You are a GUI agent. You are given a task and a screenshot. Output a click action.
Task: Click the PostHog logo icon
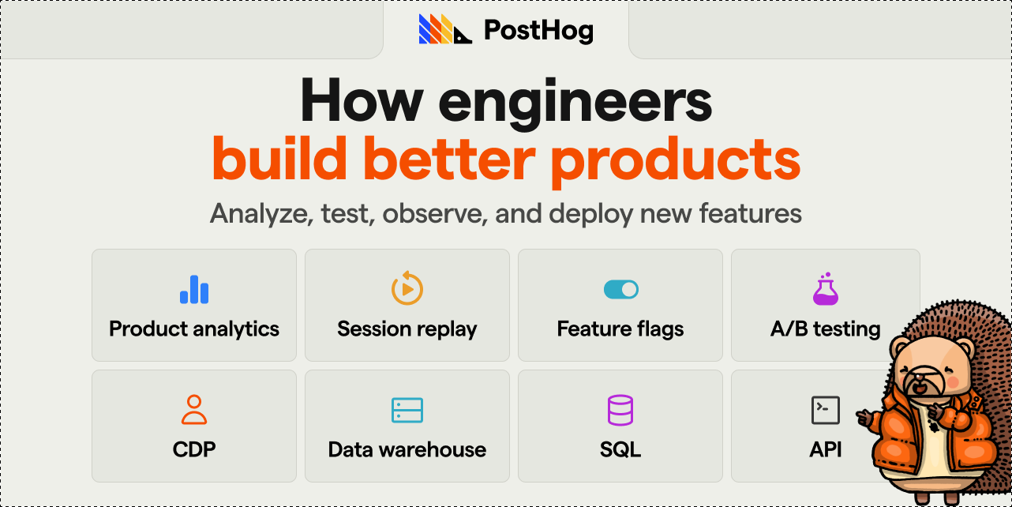[x=444, y=30]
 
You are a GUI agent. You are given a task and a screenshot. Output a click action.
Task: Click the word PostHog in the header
[x=538, y=31]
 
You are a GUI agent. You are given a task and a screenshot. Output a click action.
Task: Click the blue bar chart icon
[x=194, y=289]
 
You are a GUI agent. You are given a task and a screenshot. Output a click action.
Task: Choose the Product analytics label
[x=194, y=329]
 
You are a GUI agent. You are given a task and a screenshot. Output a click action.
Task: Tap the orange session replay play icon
[x=407, y=288]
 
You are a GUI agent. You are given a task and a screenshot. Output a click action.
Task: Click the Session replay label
[x=407, y=329]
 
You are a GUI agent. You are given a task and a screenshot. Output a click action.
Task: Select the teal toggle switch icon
[x=620, y=290]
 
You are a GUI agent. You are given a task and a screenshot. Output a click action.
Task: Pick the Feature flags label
[x=620, y=329]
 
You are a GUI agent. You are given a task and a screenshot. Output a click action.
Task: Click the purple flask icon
[x=825, y=289]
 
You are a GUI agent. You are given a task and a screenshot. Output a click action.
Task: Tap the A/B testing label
[x=825, y=329]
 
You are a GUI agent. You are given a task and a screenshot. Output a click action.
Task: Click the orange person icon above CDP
[x=194, y=410]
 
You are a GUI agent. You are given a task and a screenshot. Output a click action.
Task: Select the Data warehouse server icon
[x=407, y=410]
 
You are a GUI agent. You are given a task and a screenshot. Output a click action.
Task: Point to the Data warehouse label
[x=407, y=450]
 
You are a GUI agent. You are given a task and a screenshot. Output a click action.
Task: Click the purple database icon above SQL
[x=620, y=410]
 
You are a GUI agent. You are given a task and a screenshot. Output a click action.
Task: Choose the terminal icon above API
[x=825, y=410]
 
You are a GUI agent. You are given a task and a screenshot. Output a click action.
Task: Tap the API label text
[x=825, y=450]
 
